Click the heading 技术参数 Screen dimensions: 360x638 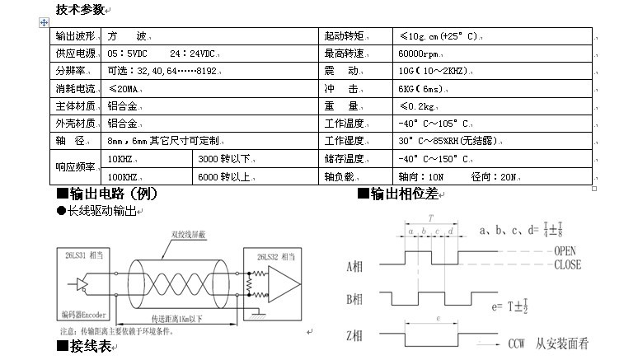(80, 10)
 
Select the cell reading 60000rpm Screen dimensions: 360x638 (421, 54)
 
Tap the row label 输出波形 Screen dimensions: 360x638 (75, 37)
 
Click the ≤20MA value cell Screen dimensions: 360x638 (124, 89)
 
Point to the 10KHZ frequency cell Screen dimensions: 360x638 (121, 158)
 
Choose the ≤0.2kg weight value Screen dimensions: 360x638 (419, 106)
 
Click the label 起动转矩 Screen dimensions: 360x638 (344, 37)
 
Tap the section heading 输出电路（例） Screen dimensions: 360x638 (106, 194)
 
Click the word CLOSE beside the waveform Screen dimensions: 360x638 (568, 264)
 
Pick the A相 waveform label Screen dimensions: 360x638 (355, 266)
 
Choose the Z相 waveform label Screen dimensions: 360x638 (355, 338)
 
